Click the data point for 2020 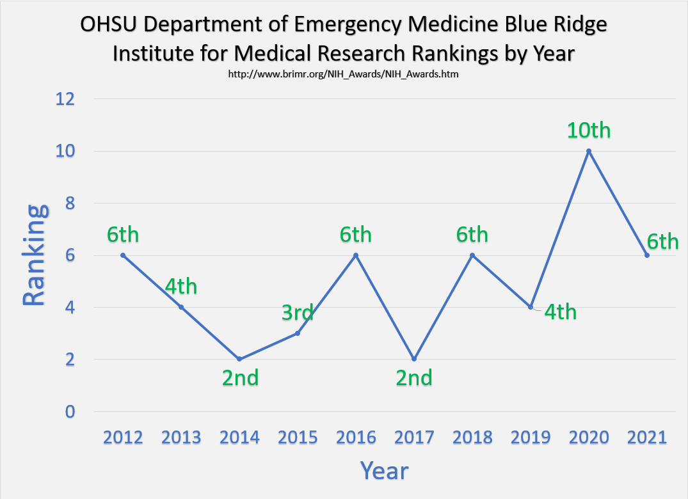tap(589, 151)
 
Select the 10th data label tap(589, 130)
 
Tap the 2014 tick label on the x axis tap(239, 438)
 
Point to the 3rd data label tap(298, 313)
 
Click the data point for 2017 tap(414, 359)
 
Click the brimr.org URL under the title tap(344, 74)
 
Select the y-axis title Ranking tap(35, 255)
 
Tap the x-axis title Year tap(384, 471)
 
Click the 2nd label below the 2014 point tap(240, 378)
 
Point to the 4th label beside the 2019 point tap(560, 312)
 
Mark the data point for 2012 tap(123, 255)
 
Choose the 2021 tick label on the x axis tap(647, 438)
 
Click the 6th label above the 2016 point tap(355, 235)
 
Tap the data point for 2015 tap(298, 333)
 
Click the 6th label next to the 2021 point tap(662, 242)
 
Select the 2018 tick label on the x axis tap(472, 438)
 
